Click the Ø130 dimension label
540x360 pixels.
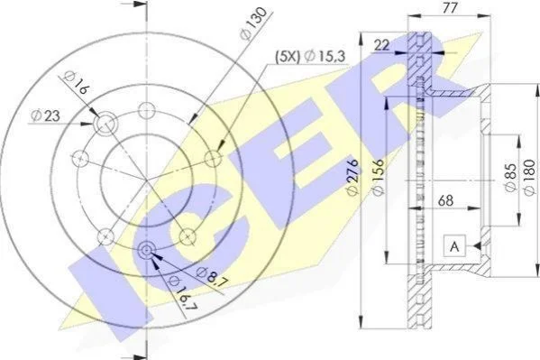coord(254,23)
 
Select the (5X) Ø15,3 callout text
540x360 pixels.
coord(309,56)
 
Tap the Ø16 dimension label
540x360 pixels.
coord(76,82)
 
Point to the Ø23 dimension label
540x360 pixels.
coord(45,115)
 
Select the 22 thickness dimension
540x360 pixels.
coord(381,45)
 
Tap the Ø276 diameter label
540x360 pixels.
coord(353,177)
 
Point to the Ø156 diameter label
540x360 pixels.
coord(378,177)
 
